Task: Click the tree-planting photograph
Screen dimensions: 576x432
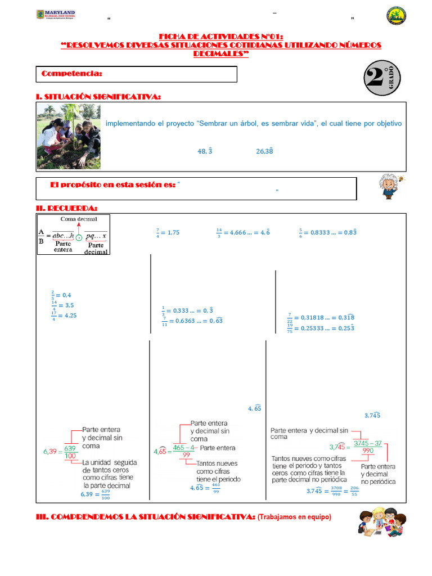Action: pos(69,136)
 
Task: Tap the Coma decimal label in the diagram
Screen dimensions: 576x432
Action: pos(79,219)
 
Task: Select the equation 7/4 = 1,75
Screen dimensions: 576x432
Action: pos(167,232)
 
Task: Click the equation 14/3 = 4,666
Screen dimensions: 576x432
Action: pos(242,232)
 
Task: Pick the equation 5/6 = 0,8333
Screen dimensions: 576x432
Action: pos(335,232)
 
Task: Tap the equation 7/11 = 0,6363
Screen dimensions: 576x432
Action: pos(192,321)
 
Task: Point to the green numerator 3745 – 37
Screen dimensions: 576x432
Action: pos(368,443)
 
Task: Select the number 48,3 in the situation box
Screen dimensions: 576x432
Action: pos(205,151)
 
